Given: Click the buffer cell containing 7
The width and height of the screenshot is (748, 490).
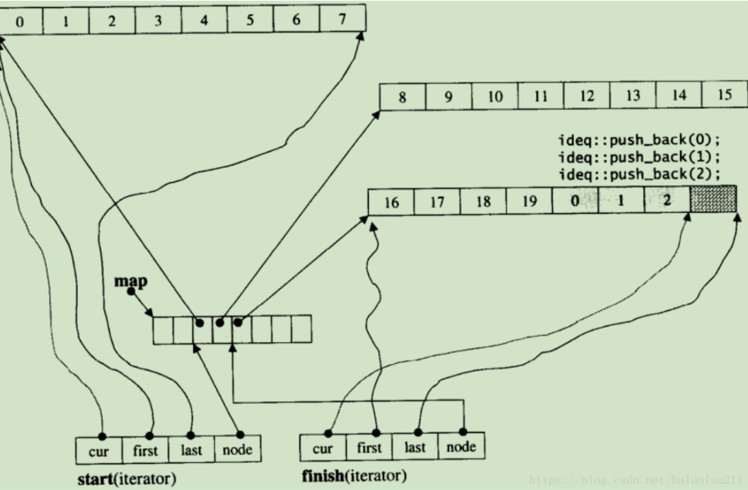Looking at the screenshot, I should click(342, 20).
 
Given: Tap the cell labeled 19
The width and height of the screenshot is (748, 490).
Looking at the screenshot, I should click(529, 202).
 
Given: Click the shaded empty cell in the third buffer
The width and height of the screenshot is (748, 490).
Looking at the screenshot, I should click(713, 202).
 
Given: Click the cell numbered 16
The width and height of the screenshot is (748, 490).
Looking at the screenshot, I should click(391, 203).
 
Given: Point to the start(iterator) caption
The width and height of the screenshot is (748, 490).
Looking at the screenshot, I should click(125, 478).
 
